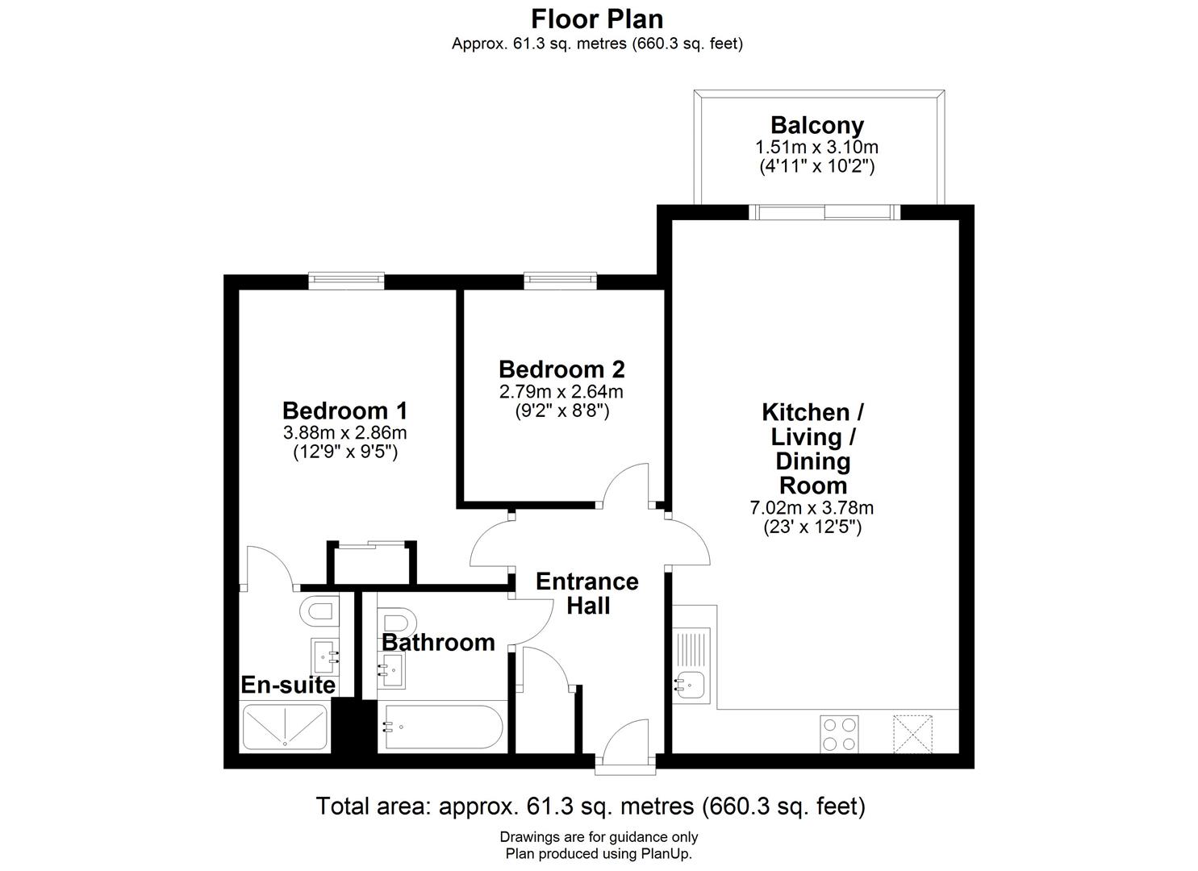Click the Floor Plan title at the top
click(597, 18)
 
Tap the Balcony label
click(816, 126)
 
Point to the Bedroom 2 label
click(561, 369)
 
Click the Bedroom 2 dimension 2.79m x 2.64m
click(561, 392)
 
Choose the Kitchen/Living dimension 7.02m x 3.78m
click(812, 508)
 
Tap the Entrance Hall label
click(587, 593)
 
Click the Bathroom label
click(438, 642)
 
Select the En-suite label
click(288, 685)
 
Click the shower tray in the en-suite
click(285, 727)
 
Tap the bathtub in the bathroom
click(442, 728)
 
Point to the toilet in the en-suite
click(319, 611)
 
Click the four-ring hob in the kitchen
click(839, 734)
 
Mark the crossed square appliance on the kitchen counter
click(912, 734)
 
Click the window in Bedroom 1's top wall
click(345, 280)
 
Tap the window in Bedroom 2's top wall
click(561, 280)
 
